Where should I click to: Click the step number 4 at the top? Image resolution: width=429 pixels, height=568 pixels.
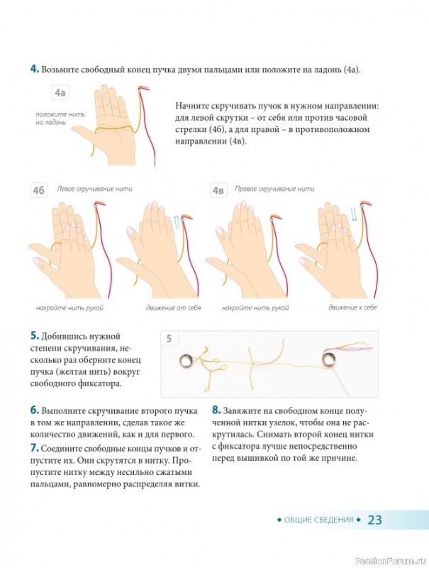pyautogui.click(x=35, y=69)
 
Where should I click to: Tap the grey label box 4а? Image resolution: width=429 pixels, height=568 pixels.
pyautogui.click(x=60, y=93)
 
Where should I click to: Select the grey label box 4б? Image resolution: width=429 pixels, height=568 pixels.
pyautogui.click(x=39, y=190)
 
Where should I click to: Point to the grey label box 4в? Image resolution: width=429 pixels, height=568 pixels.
pyautogui.click(x=218, y=190)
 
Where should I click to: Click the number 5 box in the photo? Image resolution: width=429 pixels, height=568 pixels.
pyautogui.click(x=169, y=339)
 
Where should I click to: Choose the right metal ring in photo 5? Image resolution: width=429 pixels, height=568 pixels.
pyautogui.click(x=328, y=359)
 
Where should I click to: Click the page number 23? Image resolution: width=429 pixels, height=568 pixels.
pyautogui.click(x=374, y=520)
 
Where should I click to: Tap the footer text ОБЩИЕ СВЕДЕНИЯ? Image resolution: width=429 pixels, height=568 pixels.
pyautogui.click(x=318, y=520)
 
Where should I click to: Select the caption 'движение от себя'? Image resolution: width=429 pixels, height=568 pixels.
pyautogui.click(x=173, y=308)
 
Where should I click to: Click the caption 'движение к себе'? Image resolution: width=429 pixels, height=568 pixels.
pyautogui.click(x=352, y=307)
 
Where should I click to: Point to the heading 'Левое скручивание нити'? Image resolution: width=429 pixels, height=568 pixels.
pyautogui.click(x=94, y=189)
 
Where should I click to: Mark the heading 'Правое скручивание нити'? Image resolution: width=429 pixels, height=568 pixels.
pyautogui.click(x=274, y=189)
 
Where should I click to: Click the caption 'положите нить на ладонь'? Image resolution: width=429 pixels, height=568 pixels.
pyautogui.click(x=60, y=119)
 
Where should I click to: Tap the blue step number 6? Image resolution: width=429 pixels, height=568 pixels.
pyautogui.click(x=34, y=410)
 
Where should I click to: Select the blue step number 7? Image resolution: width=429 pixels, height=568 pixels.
pyautogui.click(x=34, y=448)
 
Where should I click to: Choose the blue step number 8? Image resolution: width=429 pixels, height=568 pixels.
pyautogui.click(x=216, y=410)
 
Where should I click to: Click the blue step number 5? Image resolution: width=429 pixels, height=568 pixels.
pyautogui.click(x=34, y=335)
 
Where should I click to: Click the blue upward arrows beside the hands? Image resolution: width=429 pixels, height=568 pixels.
pyautogui.click(x=177, y=222)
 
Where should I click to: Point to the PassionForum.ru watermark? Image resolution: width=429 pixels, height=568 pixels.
pyautogui.click(x=391, y=560)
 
